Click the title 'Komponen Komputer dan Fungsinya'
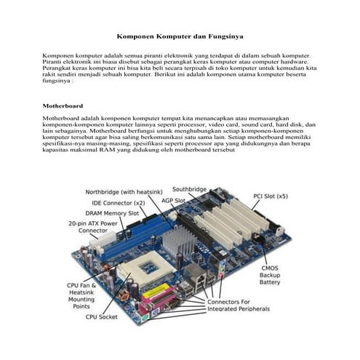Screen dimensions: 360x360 (180, 35)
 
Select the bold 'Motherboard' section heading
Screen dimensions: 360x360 (63, 105)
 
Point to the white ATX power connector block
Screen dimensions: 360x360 (108, 239)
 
